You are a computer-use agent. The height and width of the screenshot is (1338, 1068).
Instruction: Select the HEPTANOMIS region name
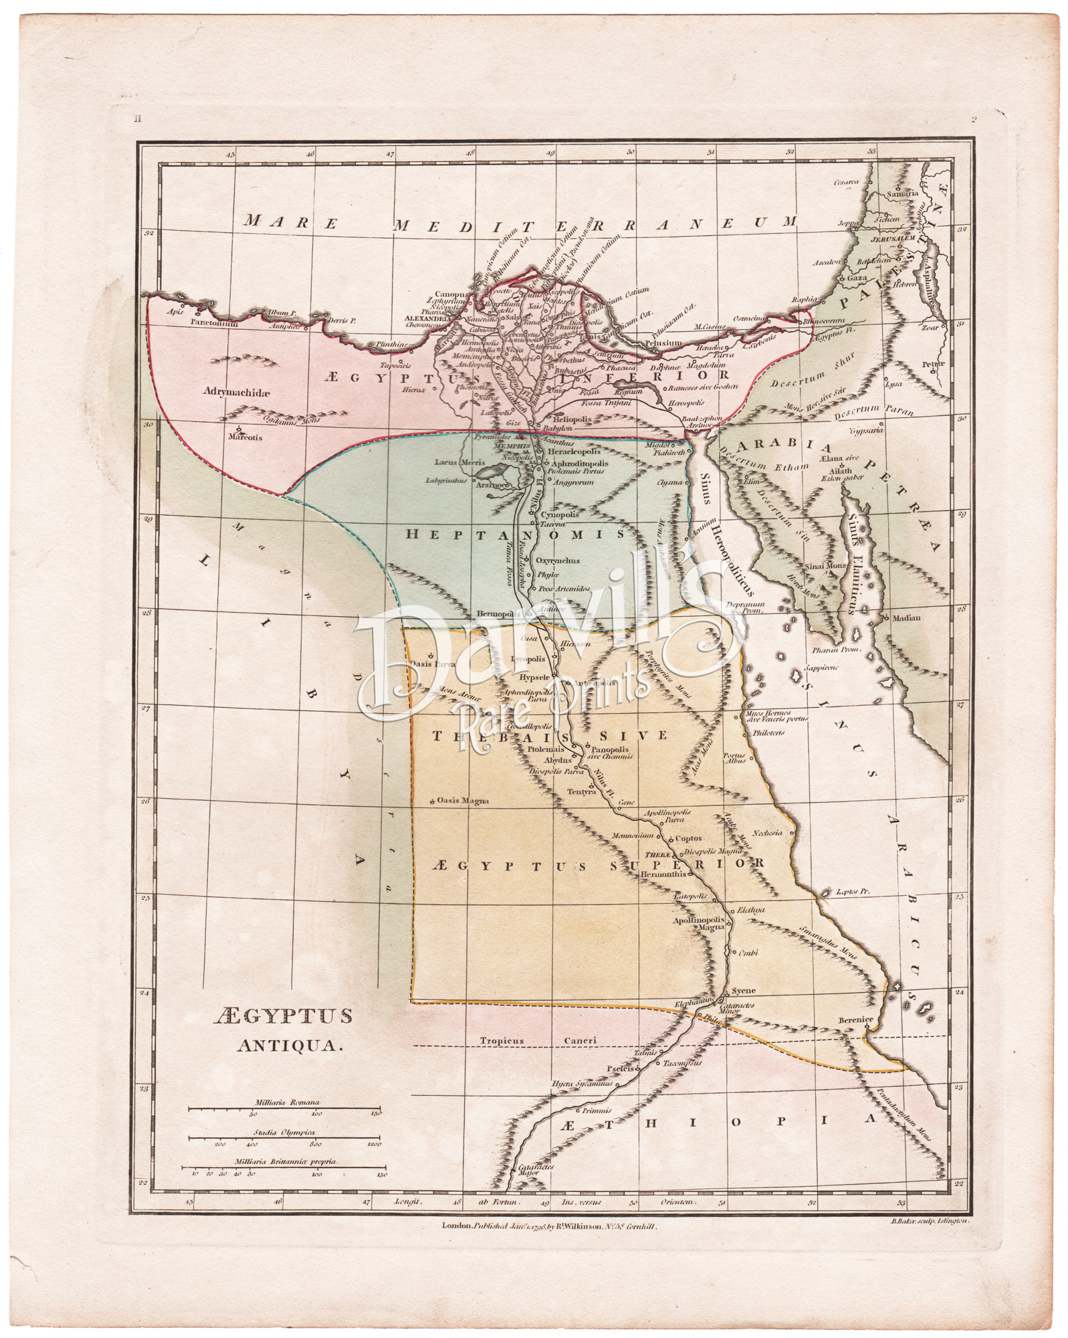[x=515, y=535]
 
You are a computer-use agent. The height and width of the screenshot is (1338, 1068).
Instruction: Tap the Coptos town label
[x=688, y=838]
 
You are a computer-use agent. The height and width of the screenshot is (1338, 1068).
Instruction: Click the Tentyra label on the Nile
[x=580, y=791]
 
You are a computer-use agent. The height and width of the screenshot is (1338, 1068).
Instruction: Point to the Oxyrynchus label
[x=557, y=561]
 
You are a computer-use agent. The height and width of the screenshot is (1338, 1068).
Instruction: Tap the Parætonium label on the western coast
[x=214, y=322]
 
